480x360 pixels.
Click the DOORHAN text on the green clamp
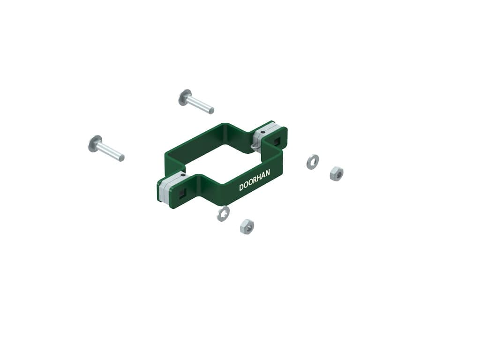tap(255, 180)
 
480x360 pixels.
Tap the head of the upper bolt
tap(185, 97)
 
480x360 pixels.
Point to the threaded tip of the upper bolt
tap(211, 110)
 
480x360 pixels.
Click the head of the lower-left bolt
tap(95, 143)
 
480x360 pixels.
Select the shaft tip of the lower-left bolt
tap(121, 157)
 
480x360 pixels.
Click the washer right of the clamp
tap(313, 162)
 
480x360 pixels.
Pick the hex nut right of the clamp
tap(337, 173)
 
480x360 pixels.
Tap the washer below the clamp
tap(223, 213)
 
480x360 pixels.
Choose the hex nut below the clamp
tap(247, 227)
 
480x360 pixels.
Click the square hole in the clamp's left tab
tap(182, 193)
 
